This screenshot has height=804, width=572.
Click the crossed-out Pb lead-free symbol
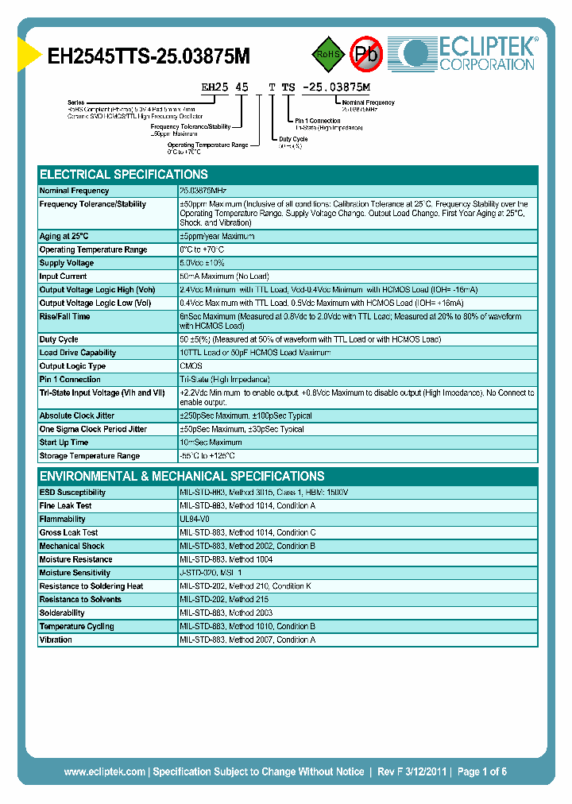click(x=366, y=54)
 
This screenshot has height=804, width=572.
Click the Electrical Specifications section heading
click(x=124, y=175)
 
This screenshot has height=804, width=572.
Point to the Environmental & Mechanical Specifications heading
click(x=182, y=477)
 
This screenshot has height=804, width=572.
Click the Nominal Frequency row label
click(x=75, y=191)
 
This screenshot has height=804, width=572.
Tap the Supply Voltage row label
click(x=67, y=263)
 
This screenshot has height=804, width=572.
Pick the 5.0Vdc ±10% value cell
click(x=203, y=263)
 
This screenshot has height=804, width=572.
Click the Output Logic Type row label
click(x=72, y=366)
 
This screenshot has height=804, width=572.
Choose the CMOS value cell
click(x=191, y=366)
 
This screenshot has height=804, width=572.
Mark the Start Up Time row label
click(x=64, y=443)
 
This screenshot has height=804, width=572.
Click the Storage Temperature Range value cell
click(x=207, y=456)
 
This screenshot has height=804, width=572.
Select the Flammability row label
click(x=62, y=519)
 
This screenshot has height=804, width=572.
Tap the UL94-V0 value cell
click(x=195, y=519)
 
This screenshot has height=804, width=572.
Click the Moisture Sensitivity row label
click(x=75, y=573)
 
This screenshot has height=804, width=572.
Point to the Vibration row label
click(x=56, y=640)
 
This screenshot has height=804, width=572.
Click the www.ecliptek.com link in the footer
click(x=104, y=771)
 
